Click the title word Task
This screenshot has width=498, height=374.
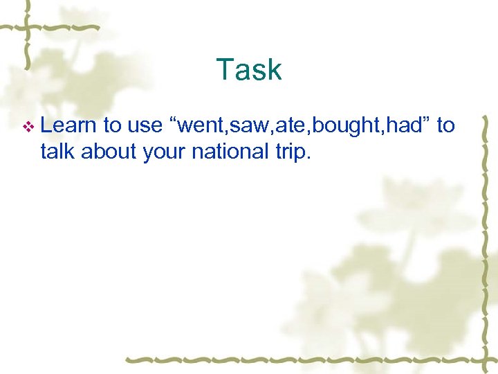click(x=249, y=70)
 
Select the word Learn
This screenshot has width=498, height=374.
click(x=68, y=125)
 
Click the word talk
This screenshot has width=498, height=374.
click(x=57, y=151)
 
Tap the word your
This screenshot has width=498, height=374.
click(x=163, y=152)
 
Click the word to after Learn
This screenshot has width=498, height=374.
click(x=112, y=126)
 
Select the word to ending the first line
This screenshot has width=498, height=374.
click(x=445, y=126)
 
